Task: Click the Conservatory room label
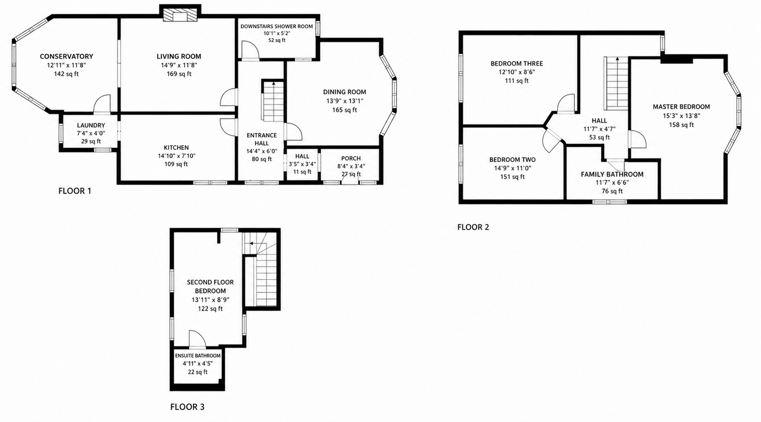pyautogui.click(x=66, y=56)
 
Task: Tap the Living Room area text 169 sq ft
pyautogui.click(x=179, y=74)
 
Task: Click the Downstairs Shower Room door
pyautogui.click(x=250, y=50)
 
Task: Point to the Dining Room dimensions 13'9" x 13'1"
pyautogui.click(x=345, y=101)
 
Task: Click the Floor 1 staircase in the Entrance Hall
pyautogui.click(x=273, y=101)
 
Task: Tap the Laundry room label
pyautogui.click(x=91, y=125)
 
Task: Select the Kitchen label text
pyautogui.click(x=176, y=147)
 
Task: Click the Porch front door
pyautogui.click(x=350, y=179)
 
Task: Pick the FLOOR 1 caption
pyautogui.click(x=75, y=191)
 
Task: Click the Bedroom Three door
pyautogui.click(x=566, y=104)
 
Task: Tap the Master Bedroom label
pyautogui.click(x=681, y=107)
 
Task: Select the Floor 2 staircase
pyautogui.click(x=615, y=83)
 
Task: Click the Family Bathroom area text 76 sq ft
pyautogui.click(x=612, y=191)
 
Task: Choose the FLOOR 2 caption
pyautogui.click(x=473, y=227)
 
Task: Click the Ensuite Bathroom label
pyautogui.click(x=198, y=355)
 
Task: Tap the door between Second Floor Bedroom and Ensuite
pyautogui.click(x=198, y=339)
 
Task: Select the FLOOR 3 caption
pyautogui.click(x=187, y=407)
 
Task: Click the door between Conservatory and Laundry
pyautogui.click(x=102, y=104)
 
